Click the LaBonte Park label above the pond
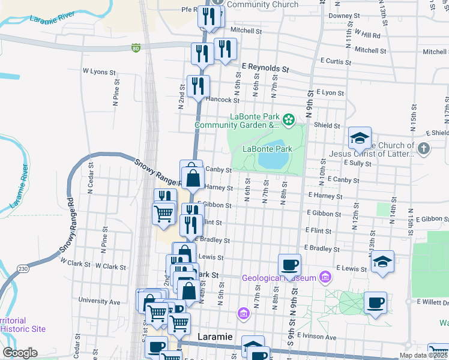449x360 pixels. (267, 149)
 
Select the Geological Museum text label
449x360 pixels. (279, 278)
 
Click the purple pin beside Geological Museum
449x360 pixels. (325, 277)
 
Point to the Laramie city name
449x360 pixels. (216, 337)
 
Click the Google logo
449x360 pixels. (20, 353)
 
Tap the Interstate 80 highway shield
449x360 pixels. (136, 47)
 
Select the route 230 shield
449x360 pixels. (23, 268)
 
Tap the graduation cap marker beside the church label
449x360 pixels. (360, 138)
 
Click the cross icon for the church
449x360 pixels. (424, 148)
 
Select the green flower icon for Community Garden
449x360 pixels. (289, 120)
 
